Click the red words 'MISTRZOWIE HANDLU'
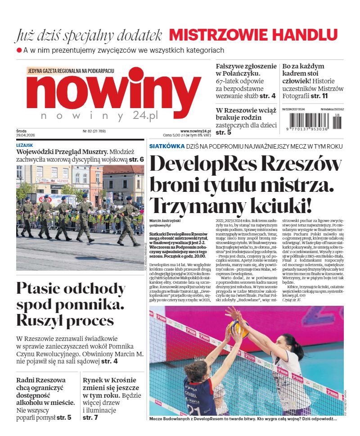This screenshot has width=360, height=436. (x=253, y=35)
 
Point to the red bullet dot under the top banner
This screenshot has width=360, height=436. (x=19, y=50)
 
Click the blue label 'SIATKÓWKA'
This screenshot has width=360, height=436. (x=166, y=146)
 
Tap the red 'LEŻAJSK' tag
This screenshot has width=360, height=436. (x=24, y=145)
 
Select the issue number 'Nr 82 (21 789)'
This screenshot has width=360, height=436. (x=94, y=132)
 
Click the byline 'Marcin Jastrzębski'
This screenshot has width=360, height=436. (x=166, y=220)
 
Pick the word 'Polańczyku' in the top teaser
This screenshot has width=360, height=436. (x=241, y=73)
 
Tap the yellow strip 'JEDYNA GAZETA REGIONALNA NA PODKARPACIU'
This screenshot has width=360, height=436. (x=71, y=71)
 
